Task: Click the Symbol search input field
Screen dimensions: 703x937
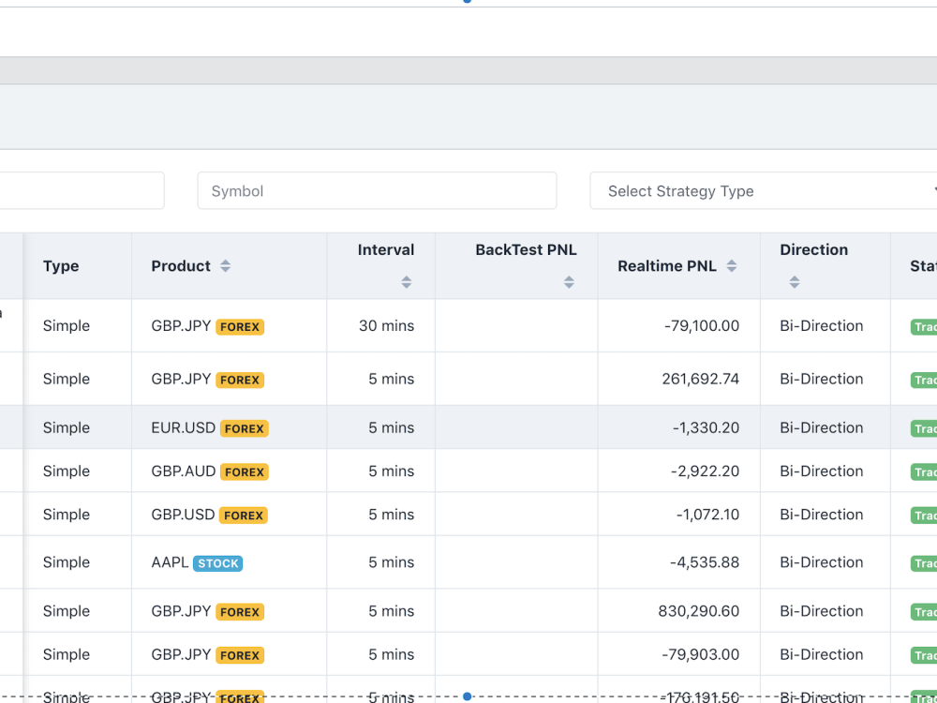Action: tap(377, 191)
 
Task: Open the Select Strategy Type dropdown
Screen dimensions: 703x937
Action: tap(759, 191)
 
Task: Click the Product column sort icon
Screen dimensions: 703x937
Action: tap(225, 266)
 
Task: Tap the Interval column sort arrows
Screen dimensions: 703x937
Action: tap(406, 282)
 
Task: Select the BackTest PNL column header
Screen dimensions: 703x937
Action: tap(526, 250)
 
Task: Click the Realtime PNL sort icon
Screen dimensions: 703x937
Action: tap(732, 266)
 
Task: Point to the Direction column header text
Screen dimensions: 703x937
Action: tap(813, 250)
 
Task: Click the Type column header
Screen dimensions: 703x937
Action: tap(61, 266)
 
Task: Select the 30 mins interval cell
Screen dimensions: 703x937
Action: tap(386, 326)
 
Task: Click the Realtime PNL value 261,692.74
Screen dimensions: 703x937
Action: tap(699, 379)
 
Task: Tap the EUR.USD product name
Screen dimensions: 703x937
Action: tap(184, 427)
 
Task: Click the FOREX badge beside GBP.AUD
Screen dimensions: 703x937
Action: tap(245, 471)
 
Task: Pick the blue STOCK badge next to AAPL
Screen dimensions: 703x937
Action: tap(218, 563)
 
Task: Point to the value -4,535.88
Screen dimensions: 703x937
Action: tap(705, 562)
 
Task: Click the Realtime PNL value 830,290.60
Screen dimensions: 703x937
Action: tap(699, 611)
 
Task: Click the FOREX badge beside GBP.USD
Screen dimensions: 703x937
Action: tap(244, 516)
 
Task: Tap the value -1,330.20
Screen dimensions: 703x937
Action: tap(706, 427)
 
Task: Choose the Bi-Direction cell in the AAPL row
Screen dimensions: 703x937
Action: tap(822, 562)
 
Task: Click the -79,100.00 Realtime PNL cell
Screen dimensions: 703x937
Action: tap(702, 326)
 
